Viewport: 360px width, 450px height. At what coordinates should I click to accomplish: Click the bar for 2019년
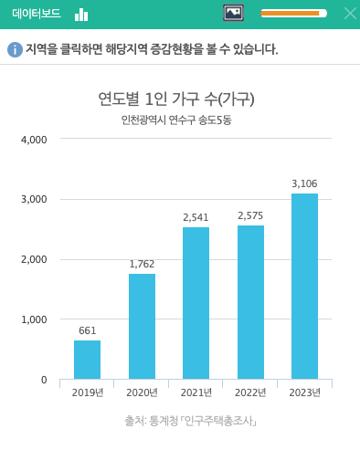click(87, 360)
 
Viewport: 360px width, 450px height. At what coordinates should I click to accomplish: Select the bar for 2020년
click(142, 326)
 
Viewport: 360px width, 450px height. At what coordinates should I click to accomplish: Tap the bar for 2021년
click(196, 303)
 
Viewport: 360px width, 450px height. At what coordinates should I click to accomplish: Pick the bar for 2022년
click(250, 302)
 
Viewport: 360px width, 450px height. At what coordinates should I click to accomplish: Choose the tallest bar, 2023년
click(304, 286)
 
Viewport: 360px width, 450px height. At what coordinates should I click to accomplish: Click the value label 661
click(87, 331)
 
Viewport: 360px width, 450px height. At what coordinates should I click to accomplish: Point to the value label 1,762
click(142, 265)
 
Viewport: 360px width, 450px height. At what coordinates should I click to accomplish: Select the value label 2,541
click(196, 218)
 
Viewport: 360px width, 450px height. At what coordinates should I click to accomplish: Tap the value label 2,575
click(250, 216)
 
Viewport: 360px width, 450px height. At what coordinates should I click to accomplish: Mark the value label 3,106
click(304, 184)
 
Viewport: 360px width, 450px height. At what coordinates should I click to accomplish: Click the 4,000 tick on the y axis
click(33, 140)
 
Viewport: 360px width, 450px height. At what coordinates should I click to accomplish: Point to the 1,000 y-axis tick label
click(33, 319)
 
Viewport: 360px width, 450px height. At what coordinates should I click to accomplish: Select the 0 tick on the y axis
click(42, 380)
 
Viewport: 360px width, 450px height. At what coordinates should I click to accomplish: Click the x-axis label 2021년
click(196, 392)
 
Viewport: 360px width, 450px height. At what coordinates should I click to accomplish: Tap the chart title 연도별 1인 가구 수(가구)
click(175, 98)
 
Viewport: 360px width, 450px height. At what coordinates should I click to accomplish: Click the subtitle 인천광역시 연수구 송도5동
click(175, 120)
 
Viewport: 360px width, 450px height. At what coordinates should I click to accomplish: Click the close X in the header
click(349, 13)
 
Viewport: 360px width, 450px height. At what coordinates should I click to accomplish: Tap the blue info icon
click(14, 48)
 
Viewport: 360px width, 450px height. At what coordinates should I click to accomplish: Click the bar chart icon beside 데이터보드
click(81, 14)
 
